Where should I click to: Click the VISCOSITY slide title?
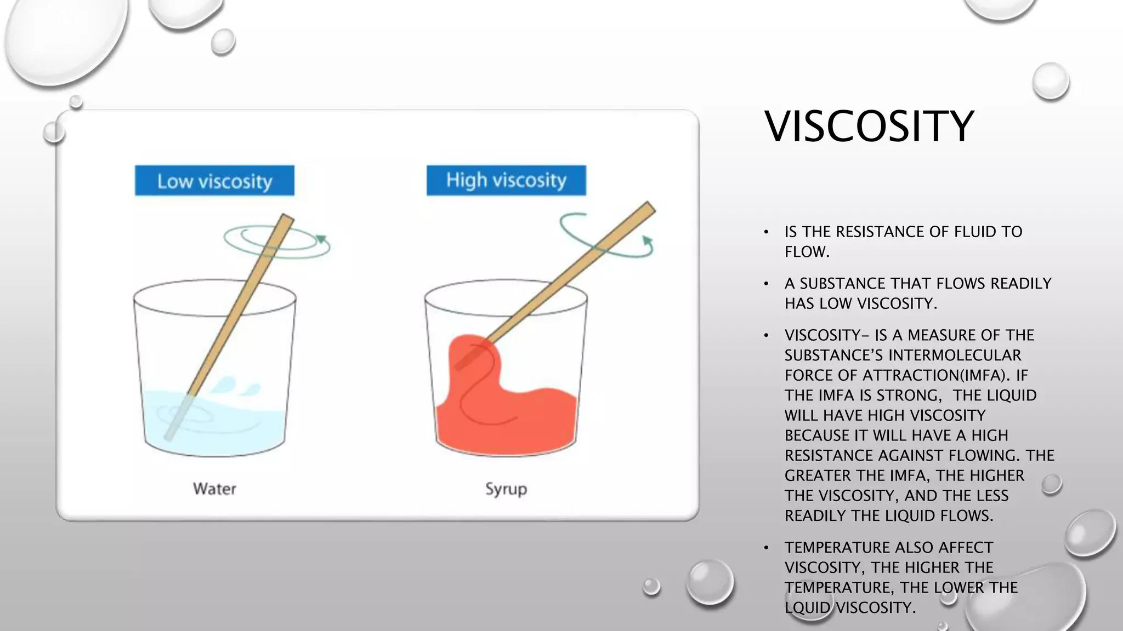click(869, 127)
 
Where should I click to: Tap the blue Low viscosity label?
click(214, 181)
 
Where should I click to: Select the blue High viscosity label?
click(506, 180)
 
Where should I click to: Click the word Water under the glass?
click(214, 489)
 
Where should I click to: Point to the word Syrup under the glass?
click(506, 489)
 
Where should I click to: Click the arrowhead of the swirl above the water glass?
click(322, 239)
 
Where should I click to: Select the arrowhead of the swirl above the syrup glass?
click(648, 241)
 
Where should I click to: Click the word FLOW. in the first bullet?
click(807, 252)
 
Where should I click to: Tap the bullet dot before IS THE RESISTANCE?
click(767, 232)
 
